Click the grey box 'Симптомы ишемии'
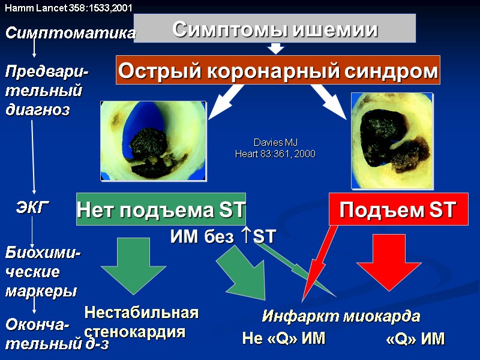(275, 28)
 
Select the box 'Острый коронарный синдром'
(278, 71)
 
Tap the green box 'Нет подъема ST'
(161, 209)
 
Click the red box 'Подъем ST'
(398, 209)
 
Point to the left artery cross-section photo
(153, 140)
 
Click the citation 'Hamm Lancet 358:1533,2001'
(69, 8)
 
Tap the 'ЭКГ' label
(31, 208)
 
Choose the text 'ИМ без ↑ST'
(223, 237)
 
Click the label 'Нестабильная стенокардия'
(141, 322)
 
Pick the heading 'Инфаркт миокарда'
(341, 316)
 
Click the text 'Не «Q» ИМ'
(283, 339)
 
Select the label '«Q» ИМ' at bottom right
(416, 339)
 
